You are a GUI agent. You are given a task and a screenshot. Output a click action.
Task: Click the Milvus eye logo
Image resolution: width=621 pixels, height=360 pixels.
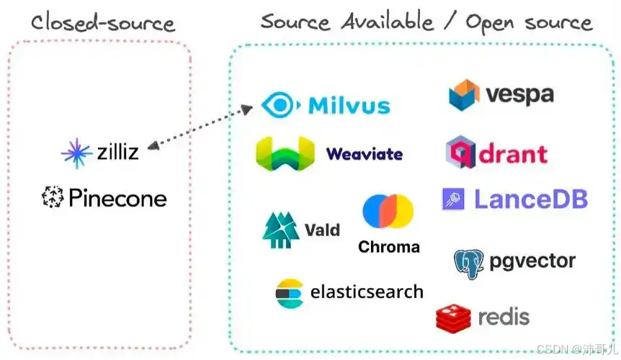click(280, 105)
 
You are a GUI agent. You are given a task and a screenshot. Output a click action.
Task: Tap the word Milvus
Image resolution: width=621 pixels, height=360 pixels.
click(349, 106)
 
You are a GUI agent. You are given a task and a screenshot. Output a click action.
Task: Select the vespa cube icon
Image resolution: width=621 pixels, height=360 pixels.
click(464, 95)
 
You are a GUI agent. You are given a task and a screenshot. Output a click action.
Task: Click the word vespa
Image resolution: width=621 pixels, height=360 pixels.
click(519, 95)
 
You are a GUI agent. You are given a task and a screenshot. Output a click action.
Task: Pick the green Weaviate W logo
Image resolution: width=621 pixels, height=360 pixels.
click(285, 153)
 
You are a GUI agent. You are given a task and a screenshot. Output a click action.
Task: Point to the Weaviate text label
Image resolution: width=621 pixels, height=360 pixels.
click(365, 154)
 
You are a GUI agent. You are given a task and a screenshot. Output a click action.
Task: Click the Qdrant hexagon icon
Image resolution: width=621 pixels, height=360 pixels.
click(460, 151)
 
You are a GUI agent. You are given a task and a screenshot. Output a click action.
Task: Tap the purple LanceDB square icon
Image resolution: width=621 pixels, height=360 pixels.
click(453, 199)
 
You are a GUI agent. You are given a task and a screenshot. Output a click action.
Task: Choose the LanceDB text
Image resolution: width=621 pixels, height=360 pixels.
click(531, 199)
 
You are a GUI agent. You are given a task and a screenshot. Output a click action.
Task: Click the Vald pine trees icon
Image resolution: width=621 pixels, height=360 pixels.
click(281, 230)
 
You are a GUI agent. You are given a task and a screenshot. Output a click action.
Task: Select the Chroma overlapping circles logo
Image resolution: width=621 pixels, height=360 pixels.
click(388, 211)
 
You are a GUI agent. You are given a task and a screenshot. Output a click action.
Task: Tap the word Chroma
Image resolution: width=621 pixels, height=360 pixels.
click(389, 247)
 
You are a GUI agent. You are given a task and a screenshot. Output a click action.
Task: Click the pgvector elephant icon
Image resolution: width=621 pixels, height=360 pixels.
click(469, 264)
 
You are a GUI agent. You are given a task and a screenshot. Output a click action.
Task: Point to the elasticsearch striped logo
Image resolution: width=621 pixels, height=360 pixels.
click(290, 293)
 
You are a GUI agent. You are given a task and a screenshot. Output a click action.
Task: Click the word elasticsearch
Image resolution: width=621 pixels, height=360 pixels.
click(367, 292)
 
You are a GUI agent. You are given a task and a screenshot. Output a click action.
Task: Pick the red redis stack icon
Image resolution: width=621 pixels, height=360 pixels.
click(453, 318)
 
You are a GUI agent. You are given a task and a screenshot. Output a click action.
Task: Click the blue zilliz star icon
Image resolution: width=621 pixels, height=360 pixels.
click(76, 153)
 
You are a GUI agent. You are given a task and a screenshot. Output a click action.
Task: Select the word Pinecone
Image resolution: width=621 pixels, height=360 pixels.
click(117, 198)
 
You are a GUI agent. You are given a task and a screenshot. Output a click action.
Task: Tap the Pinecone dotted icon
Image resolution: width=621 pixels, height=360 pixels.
click(53, 197)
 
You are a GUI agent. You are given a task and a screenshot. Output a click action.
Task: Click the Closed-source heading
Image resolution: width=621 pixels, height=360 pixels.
click(103, 23)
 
